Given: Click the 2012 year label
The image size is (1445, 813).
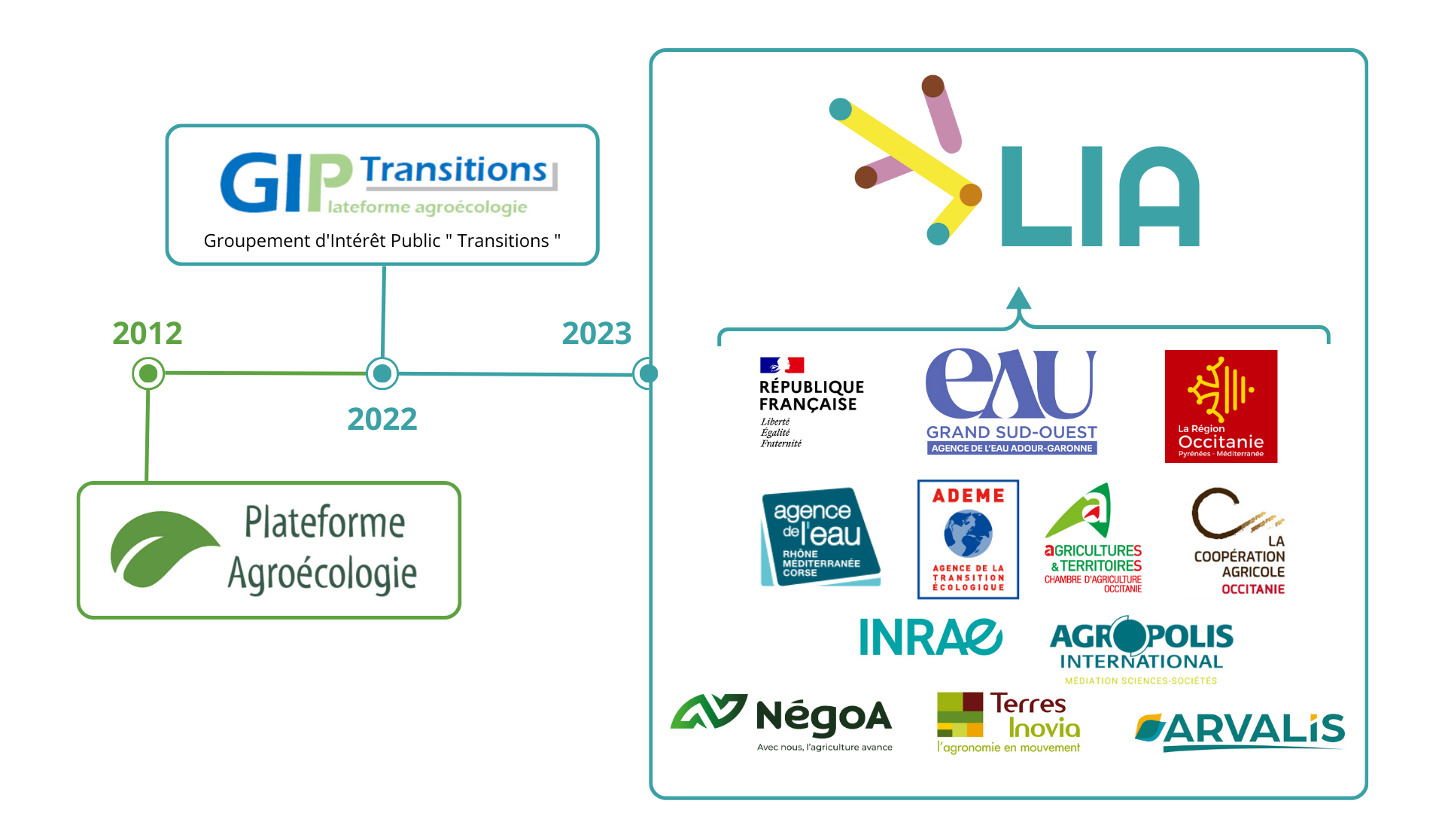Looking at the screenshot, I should coord(148,333).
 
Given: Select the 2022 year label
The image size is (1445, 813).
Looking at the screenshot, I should coord(382,419).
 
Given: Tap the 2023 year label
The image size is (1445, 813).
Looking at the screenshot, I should coord(597,333).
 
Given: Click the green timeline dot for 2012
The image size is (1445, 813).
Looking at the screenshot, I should coord(148,373).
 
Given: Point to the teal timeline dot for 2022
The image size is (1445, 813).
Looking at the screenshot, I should coord(382,373).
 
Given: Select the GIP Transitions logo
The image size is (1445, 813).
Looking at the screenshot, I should coord(387,183).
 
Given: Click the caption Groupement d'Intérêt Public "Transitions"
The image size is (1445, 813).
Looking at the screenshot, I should coord(382,241).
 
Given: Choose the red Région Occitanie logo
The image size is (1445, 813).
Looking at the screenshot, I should coord(1221,406).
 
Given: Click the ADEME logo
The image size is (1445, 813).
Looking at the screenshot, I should coord(968,539).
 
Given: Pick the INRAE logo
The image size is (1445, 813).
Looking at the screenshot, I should coord(930,638).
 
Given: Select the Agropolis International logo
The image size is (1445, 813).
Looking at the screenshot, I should coord(1141,650).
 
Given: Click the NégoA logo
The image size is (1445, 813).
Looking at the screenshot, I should coord(783,721).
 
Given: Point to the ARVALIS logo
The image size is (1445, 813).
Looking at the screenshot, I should coord(1240,730).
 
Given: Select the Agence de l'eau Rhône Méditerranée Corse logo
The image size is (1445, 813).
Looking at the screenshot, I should coord(819,537).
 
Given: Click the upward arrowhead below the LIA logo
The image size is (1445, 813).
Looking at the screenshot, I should coord(1018,299).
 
